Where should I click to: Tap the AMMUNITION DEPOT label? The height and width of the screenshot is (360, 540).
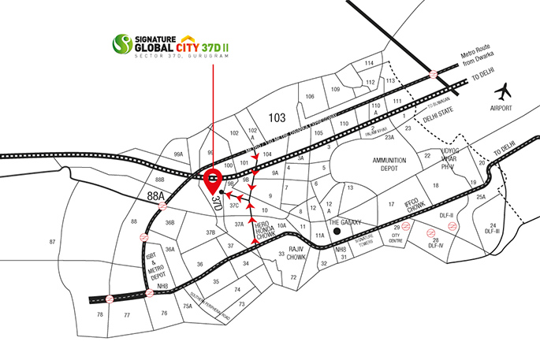pyautogui.click(x=389, y=165)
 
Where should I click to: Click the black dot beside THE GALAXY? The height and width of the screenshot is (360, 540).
pyautogui.click(x=336, y=232)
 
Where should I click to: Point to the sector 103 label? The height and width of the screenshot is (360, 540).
pyautogui.click(x=276, y=117)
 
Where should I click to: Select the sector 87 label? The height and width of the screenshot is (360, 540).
pyautogui.click(x=53, y=240)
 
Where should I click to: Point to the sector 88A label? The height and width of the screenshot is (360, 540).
pyautogui.click(x=157, y=195)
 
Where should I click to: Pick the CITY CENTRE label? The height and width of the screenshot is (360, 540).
pyautogui.click(x=397, y=236)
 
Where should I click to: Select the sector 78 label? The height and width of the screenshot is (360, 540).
pyautogui.click(x=99, y=314)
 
